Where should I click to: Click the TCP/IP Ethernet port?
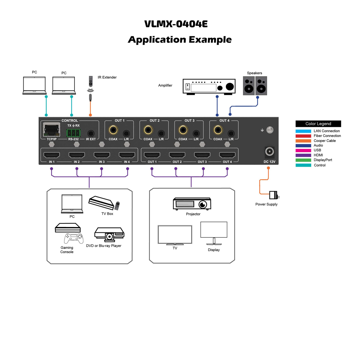point(51,129)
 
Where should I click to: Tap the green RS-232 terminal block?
point(73,133)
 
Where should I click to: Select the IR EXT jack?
point(91,133)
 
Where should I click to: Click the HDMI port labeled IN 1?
point(51,155)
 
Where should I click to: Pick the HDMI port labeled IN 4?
point(127,155)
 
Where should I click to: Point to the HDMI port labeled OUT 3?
point(202,155)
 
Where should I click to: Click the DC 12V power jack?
point(269,152)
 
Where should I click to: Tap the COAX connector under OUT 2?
point(148,130)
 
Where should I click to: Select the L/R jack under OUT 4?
point(231,133)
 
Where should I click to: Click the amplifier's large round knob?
point(229,87)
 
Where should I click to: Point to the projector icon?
point(192,204)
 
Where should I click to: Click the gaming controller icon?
point(74,238)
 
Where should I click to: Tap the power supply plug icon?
point(274,195)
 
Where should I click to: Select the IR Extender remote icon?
point(91,81)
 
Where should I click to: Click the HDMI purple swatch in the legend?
point(303,155)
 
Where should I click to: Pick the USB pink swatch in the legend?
point(303,150)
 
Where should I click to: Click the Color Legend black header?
point(318,124)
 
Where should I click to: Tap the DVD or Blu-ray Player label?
point(104,246)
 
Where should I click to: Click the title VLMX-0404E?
point(176,24)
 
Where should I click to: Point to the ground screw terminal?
point(270,130)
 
